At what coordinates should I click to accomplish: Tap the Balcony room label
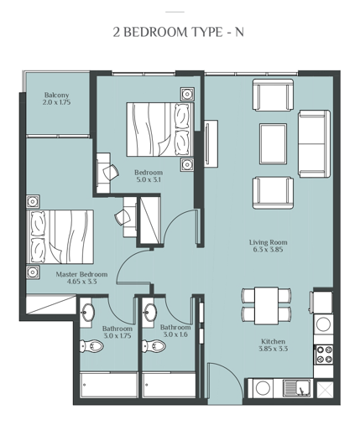(x=56, y=95)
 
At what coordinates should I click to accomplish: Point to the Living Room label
(x=268, y=242)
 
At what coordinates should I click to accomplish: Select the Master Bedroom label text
(x=81, y=274)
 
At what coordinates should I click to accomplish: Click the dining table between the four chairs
(x=267, y=303)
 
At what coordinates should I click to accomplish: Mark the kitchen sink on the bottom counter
(x=295, y=388)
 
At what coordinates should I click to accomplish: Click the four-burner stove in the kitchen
(x=323, y=355)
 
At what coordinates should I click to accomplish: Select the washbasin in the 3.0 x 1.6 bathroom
(x=150, y=313)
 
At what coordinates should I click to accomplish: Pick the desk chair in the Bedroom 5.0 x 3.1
(x=110, y=171)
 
